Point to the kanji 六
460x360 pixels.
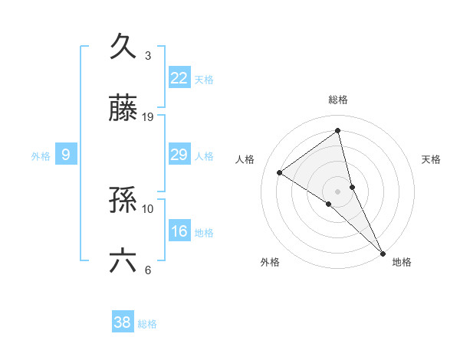pos(123,260)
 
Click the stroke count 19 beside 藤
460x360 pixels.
pos(148,116)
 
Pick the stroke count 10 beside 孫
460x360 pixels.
pos(148,208)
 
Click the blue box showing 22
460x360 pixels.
pos(179,77)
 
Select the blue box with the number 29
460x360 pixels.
pos(179,155)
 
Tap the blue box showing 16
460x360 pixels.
pos(179,231)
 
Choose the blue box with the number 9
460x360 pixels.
pos(66,155)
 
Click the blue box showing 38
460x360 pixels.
pos(123,322)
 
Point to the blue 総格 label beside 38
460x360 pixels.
pos(147,324)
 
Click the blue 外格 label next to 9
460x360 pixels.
pos(41,156)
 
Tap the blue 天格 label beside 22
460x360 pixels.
pos(204,79)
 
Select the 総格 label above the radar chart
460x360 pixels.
pos(338,100)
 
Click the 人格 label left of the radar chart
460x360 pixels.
pos(245,159)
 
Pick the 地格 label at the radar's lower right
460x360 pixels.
pos(402,262)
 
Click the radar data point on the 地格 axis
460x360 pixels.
pos(383,252)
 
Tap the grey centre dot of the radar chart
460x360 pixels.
pos(338,191)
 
